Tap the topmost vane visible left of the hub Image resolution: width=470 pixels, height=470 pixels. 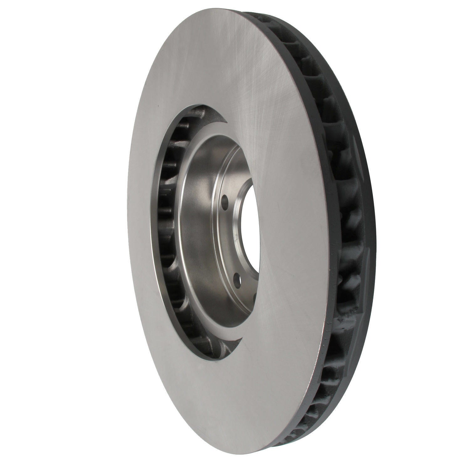tap(201, 113)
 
